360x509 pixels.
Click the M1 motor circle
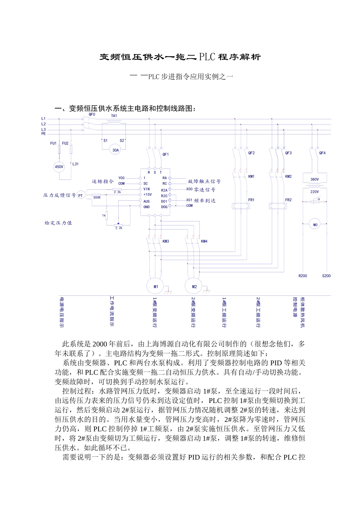[156, 287]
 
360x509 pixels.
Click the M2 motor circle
[194, 287]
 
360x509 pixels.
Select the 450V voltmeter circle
[59, 167]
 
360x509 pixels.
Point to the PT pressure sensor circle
[81, 195]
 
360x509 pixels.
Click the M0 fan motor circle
[315, 225]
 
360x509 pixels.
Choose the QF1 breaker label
[166, 155]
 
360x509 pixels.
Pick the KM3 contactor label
[166, 241]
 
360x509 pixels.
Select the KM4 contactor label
[204, 241]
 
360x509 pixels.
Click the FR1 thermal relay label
[252, 200]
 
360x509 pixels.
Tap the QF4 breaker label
[322, 153]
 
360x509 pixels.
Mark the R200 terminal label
[303, 276]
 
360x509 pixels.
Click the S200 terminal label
[326, 276]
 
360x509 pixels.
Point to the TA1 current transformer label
[114, 116]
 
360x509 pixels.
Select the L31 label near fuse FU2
[75, 164]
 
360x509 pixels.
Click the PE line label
[44, 134]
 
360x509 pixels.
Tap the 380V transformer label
[315, 179]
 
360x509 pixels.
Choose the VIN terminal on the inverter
[146, 189]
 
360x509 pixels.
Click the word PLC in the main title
[207, 57]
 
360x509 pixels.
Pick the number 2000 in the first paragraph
[100, 344]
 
